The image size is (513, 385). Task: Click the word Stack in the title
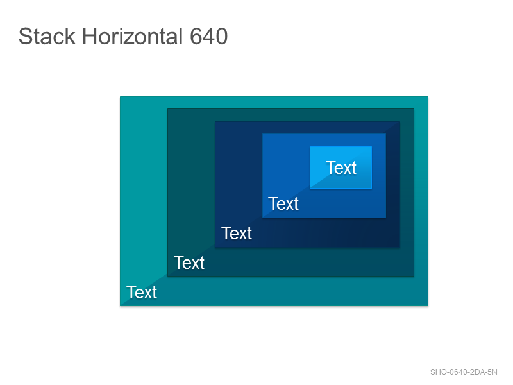coord(47,36)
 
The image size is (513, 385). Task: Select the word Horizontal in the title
coord(133,36)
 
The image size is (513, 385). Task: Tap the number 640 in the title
coord(209,36)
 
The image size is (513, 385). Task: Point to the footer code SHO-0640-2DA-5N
coord(464,372)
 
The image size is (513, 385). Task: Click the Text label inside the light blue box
coord(341,167)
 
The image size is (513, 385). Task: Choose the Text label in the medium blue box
coord(283,203)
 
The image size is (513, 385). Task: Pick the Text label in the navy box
coord(237,233)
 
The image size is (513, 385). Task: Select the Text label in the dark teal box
coord(189,262)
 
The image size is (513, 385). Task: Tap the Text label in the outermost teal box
coord(142,292)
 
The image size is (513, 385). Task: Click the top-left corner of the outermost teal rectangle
coord(120,97)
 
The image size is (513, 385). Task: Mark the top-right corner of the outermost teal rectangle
coord(428,97)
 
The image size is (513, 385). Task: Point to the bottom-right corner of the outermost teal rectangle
coord(428,306)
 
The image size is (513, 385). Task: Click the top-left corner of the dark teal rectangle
coord(167,108)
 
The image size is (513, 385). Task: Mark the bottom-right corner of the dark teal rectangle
coord(414,277)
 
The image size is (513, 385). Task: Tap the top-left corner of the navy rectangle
coord(215,121)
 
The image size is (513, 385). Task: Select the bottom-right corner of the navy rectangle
coord(399,247)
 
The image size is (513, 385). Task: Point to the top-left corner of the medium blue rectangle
coord(262,133)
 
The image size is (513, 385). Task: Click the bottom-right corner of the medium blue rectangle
coord(386,218)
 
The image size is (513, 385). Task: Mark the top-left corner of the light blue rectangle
coord(310,146)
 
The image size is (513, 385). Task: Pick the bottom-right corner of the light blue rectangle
coord(372,189)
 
